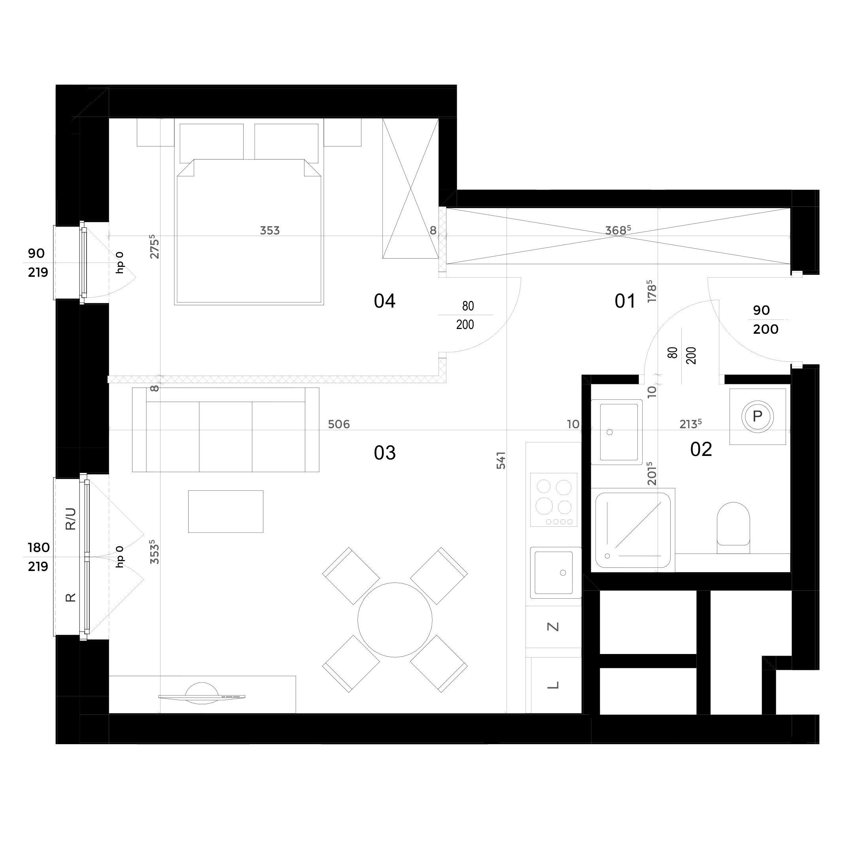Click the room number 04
[385, 301]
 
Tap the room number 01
[625, 301]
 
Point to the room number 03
[385, 453]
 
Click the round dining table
[395, 620]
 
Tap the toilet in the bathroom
[734, 528]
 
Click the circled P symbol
[758, 417]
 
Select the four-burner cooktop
[554, 499]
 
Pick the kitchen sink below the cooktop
[556, 573]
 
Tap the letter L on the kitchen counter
[553, 685]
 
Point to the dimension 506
[339, 424]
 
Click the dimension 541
[501, 460]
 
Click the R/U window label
[71, 519]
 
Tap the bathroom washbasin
[617, 432]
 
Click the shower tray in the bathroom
[633, 530]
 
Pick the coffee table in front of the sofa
[226, 511]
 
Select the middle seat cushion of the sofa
[225, 437]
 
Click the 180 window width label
[38, 547]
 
